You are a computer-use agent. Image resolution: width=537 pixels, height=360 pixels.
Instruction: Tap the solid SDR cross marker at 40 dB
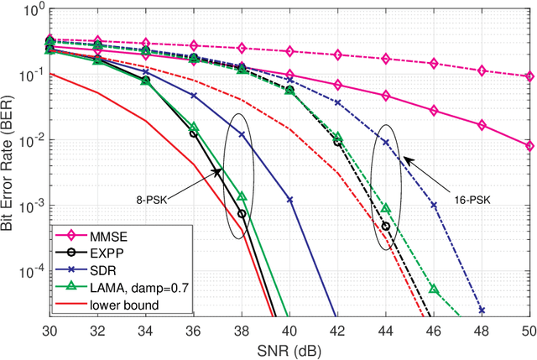[289, 200]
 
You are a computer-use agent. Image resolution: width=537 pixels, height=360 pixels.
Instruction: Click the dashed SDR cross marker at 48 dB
[482, 310]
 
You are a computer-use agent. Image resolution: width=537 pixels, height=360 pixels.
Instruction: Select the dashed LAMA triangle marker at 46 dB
[434, 289]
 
